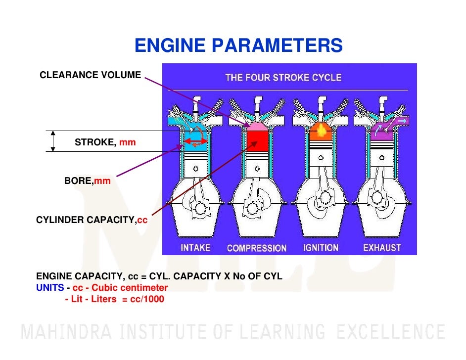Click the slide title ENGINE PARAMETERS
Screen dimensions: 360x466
click(x=238, y=46)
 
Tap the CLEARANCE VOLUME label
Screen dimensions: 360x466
click(x=90, y=75)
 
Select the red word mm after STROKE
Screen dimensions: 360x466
click(x=127, y=142)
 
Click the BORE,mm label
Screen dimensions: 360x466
click(x=88, y=181)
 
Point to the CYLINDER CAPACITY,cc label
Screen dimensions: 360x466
click(x=92, y=220)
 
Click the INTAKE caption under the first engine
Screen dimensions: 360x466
click(x=195, y=247)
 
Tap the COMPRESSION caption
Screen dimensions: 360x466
click(x=256, y=248)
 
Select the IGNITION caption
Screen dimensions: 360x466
click(x=321, y=247)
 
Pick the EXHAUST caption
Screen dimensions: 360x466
click(x=382, y=247)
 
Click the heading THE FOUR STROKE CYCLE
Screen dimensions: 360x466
click(x=283, y=78)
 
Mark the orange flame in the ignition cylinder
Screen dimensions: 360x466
click(x=320, y=131)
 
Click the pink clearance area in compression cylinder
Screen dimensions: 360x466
click(x=256, y=126)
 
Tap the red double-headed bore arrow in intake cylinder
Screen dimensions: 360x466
click(x=196, y=142)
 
